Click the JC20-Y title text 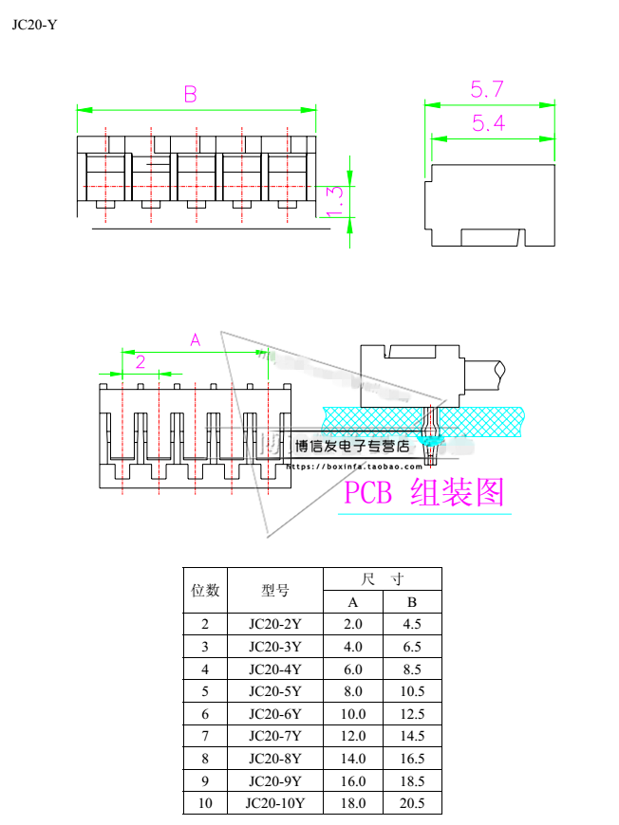pyautogui.click(x=34, y=25)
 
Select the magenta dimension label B pyautogui.click(x=190, y=94)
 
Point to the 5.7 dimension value pyautogui.click(x=487, y=90)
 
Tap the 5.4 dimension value pyautogui.click(x=487, y=123)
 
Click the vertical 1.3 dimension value pyautogui.click(x=334, y=201)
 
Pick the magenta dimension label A pyautogui.click(x=196, y=339)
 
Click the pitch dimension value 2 pyautogui.click(x=140, y=361)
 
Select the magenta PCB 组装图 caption pyautogui.click(x=423, y=492)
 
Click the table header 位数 pyautogui.click(x=206, y=590)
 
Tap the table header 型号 pyautogui.click(x=274, y=590)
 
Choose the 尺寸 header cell pyautogui.click(x=383, y=578)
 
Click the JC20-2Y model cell pyautogui.click(x=274, y=624)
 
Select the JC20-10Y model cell pyautogui.click(x=274, y=803)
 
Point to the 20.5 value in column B pyautogui.click(x=412, y=803)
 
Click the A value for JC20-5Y pyautogui.click(x=352, y=691)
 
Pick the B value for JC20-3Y pyautogui.click(x=412, y=647)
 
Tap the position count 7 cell pyautogui.click(x=206, y=736)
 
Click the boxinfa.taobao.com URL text pyautogui.click(x=354, y=467)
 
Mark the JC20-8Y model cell pyautogui.click(x=274, y=759)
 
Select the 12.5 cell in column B pyautogui.click(x=412, y=714)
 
